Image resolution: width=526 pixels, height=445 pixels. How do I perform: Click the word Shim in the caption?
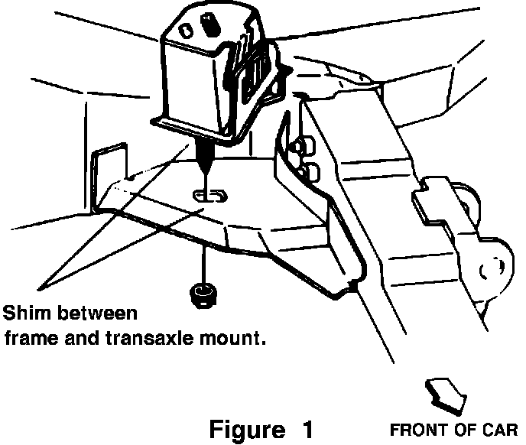pyautogui.click(x=24, y=313)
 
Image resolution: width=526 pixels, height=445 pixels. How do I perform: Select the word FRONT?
pyautogui.click(x=414, y=429)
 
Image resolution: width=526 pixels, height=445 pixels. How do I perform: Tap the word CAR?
pyautogui.click(x=501, y=429)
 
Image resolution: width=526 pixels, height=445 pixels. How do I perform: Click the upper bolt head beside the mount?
pyautogui.click(x=304, y=145)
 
